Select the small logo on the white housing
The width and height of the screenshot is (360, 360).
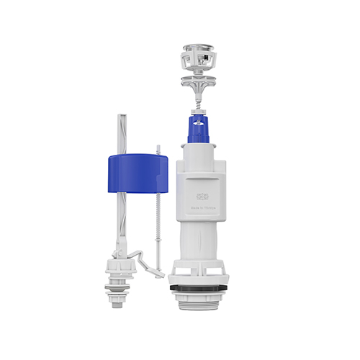point(204,195)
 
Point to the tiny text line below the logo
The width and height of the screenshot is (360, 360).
point(204,206)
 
